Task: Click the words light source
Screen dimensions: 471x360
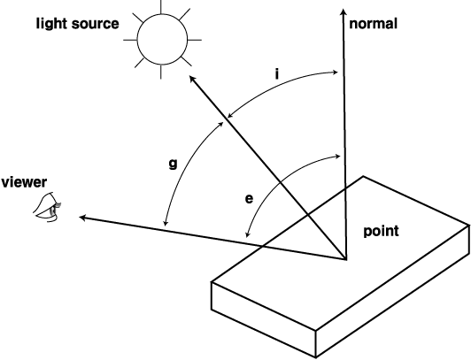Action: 78,24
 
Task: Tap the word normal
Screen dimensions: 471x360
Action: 373,23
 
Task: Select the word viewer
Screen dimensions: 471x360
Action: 24,182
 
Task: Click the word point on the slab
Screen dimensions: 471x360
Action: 382,232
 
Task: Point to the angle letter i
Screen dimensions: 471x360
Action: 277,73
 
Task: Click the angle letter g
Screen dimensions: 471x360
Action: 173,165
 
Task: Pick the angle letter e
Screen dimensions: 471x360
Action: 249,199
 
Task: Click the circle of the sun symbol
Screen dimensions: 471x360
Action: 163,39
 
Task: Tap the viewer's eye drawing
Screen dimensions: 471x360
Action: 47,207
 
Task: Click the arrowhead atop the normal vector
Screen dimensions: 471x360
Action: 344,12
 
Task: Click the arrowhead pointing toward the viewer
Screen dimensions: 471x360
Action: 83,218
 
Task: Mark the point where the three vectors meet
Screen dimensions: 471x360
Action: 345,258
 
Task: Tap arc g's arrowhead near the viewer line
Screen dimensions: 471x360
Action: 165,223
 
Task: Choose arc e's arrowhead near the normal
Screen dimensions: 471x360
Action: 336,156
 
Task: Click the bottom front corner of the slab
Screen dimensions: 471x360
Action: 315,357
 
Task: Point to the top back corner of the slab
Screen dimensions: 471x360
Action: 363,176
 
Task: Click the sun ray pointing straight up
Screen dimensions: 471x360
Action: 161,6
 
